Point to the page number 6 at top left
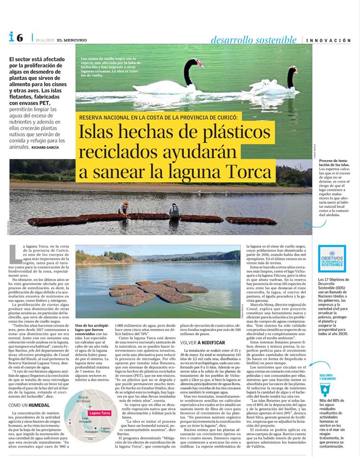click(19, 37)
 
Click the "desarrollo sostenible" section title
click(253, 40)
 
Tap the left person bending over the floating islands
click(124, 208)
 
